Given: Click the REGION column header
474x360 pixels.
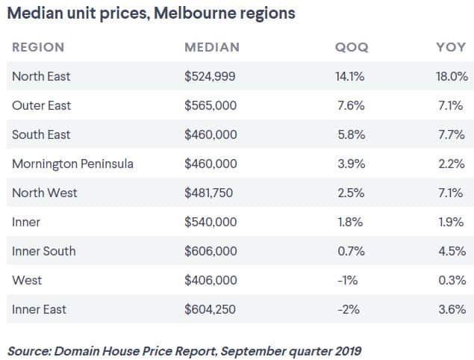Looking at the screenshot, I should click(x=38, y=47).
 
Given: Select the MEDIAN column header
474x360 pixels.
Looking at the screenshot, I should click(x=212, y=47).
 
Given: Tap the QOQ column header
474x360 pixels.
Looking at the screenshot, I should click(x=352, y=47).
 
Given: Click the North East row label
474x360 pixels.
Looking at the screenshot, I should click(x=41, y=76).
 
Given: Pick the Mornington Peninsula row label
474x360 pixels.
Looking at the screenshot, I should click(x=72, y=164).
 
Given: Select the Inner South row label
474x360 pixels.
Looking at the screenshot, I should click(x=43, y=251).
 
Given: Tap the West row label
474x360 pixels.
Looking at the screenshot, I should click(x=27, y=280).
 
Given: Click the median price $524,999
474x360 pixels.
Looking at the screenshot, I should click(x=211, y=76).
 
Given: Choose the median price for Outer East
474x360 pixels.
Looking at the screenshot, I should click(x=211, y=105).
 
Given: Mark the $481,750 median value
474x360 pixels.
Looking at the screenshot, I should click(x=209, y=193).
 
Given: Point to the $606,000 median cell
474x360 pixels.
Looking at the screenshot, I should click(x=211, y=251).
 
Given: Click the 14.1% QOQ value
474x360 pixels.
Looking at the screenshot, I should click(x=349, y=76).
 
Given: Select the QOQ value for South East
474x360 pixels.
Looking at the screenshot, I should click(x=351, y=134).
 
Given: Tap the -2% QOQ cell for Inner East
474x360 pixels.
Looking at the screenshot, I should click(x=354, y=309).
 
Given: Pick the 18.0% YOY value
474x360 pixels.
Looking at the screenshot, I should click(x=451, y=76).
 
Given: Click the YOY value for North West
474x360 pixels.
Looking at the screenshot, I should click(x=453, y=193).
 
